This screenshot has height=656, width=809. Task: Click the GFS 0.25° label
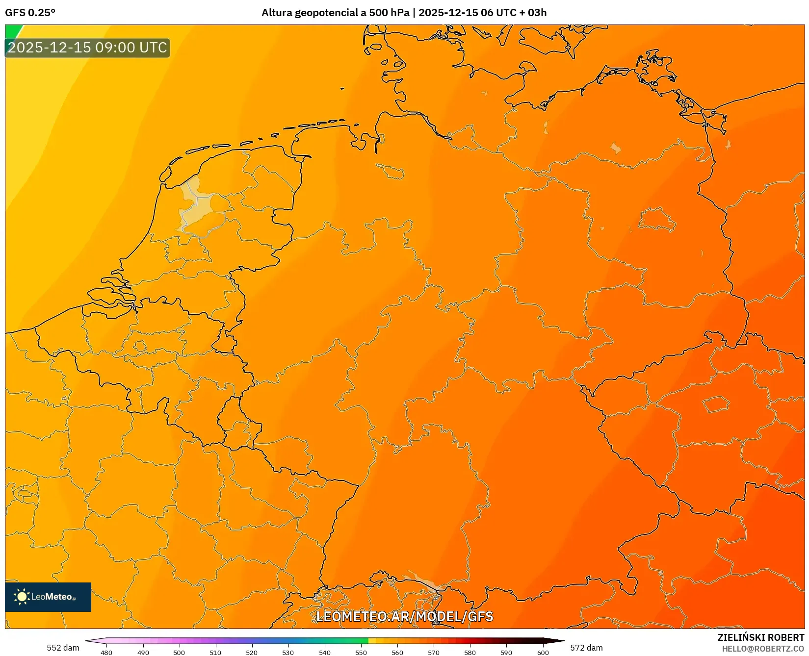[x=30, y=13]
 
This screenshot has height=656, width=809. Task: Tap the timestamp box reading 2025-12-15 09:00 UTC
[x=87, y=48]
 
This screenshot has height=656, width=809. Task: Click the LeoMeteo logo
[x=48, y=597]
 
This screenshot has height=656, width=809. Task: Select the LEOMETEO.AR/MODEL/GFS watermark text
[x=404, y=616]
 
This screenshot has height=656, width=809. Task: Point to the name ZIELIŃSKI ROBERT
[x=761, y=637]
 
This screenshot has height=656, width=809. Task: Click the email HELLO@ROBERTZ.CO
[x=763, y=649]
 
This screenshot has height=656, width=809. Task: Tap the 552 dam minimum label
[x=63, y=648]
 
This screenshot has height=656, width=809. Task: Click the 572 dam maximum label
[x=586, y=648]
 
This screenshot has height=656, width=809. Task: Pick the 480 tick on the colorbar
[x=106, y=653]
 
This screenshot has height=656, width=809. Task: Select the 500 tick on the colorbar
[x=179, y=653]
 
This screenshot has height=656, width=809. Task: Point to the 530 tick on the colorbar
[x=288, y=653]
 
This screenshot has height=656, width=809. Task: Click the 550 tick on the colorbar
[x=361, y=653]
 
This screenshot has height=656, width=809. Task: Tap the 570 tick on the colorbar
[x=434, y=653]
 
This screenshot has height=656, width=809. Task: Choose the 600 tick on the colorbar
[x=543, y=653]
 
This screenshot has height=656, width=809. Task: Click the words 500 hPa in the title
[x=389, y=13]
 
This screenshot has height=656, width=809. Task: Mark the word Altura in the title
[x=277, y=13]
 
